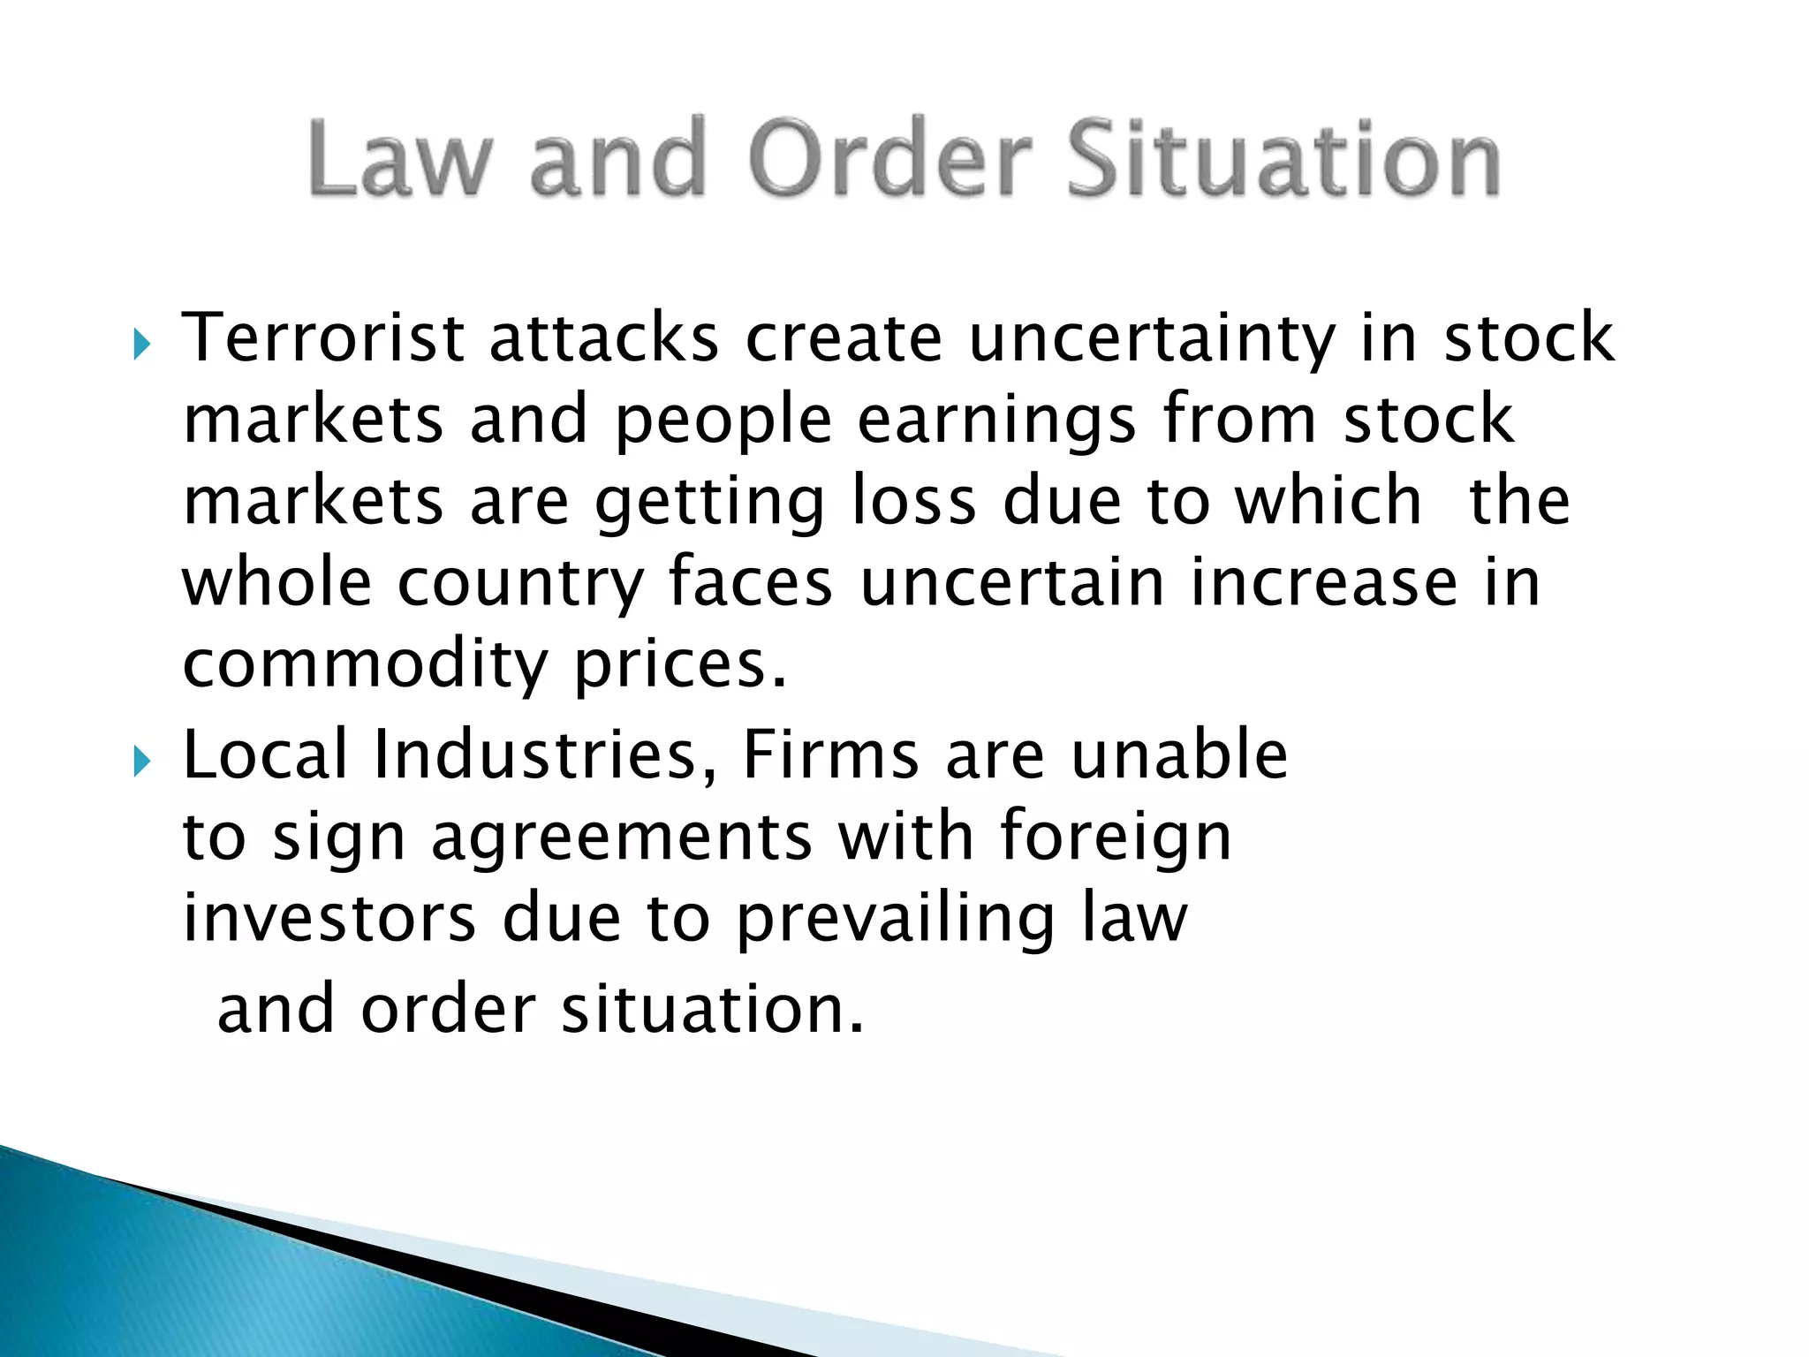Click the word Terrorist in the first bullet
pyautogui.click(x=322, y=337)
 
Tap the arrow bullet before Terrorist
pyautogui.click(x=142, y=344)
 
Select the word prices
pyautogui.click(x=679, y=666)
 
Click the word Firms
pyautogui.click(x=831, y=754)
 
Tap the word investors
pyautogui.click(x=329, y=919)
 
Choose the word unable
pyautogui.click(x=1179, y=754)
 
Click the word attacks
pyautogui.click(x=604, y=337)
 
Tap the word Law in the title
pyautogui.click(x=398, y=159)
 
